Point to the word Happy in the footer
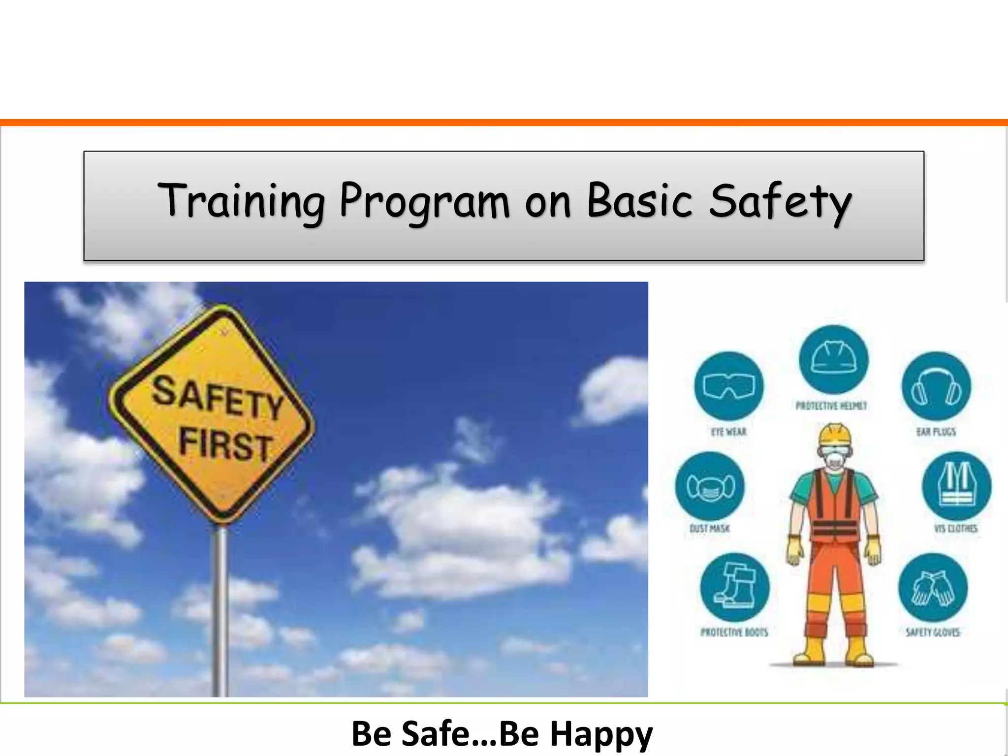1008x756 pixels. click(601, 733)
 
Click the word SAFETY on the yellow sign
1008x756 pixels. click(217, 398)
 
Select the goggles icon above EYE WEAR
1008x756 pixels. click(728, 386)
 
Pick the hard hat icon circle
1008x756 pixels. click(833, 360)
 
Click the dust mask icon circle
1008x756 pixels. click(710, 486)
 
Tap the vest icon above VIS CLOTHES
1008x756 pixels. click(956, 486)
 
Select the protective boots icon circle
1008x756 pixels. click(734, 588)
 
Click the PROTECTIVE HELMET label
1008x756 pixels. click(831, 406)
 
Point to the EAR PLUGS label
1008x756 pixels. click(936, 432)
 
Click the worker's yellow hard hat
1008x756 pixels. click(835, 434)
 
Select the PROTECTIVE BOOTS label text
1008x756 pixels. click(734, 632)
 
